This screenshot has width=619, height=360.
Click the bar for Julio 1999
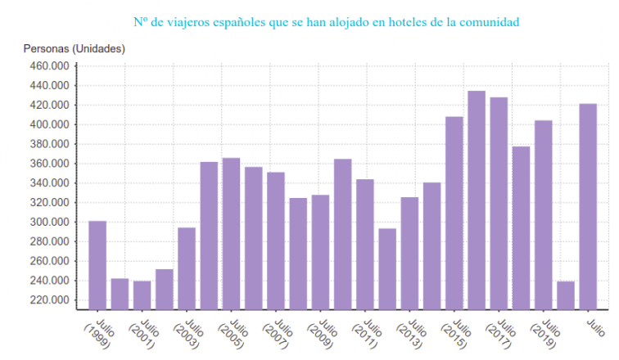tap(97, 265)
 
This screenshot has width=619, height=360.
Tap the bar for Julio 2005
tap(231, 233)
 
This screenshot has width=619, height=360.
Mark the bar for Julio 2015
tap(454, 213)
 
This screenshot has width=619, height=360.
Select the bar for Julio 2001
tap(142, 295)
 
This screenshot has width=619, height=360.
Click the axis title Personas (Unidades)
tap(75, 49)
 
